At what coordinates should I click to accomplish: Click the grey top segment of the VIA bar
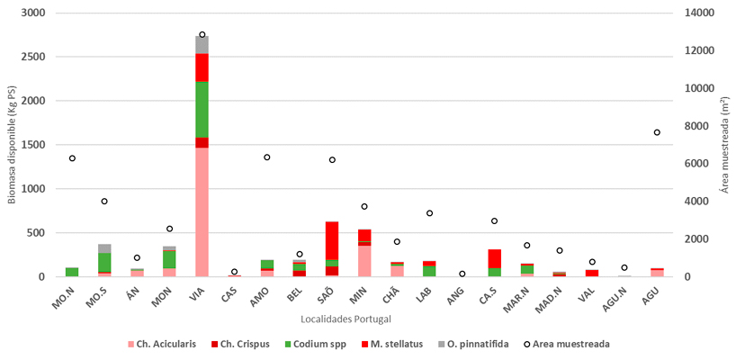202,44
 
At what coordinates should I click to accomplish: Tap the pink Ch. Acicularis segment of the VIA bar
202,211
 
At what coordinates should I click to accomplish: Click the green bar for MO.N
72,271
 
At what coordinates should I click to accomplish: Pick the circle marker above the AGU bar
658,132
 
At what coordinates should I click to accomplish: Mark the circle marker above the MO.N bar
72,158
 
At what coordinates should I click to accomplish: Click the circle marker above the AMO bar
267,157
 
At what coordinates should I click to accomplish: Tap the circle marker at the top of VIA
202,34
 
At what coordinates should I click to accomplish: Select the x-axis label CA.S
494,298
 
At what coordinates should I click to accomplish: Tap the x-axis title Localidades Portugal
348,319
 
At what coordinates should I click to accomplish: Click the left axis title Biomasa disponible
12,144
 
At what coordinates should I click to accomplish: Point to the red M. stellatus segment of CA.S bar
495,257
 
